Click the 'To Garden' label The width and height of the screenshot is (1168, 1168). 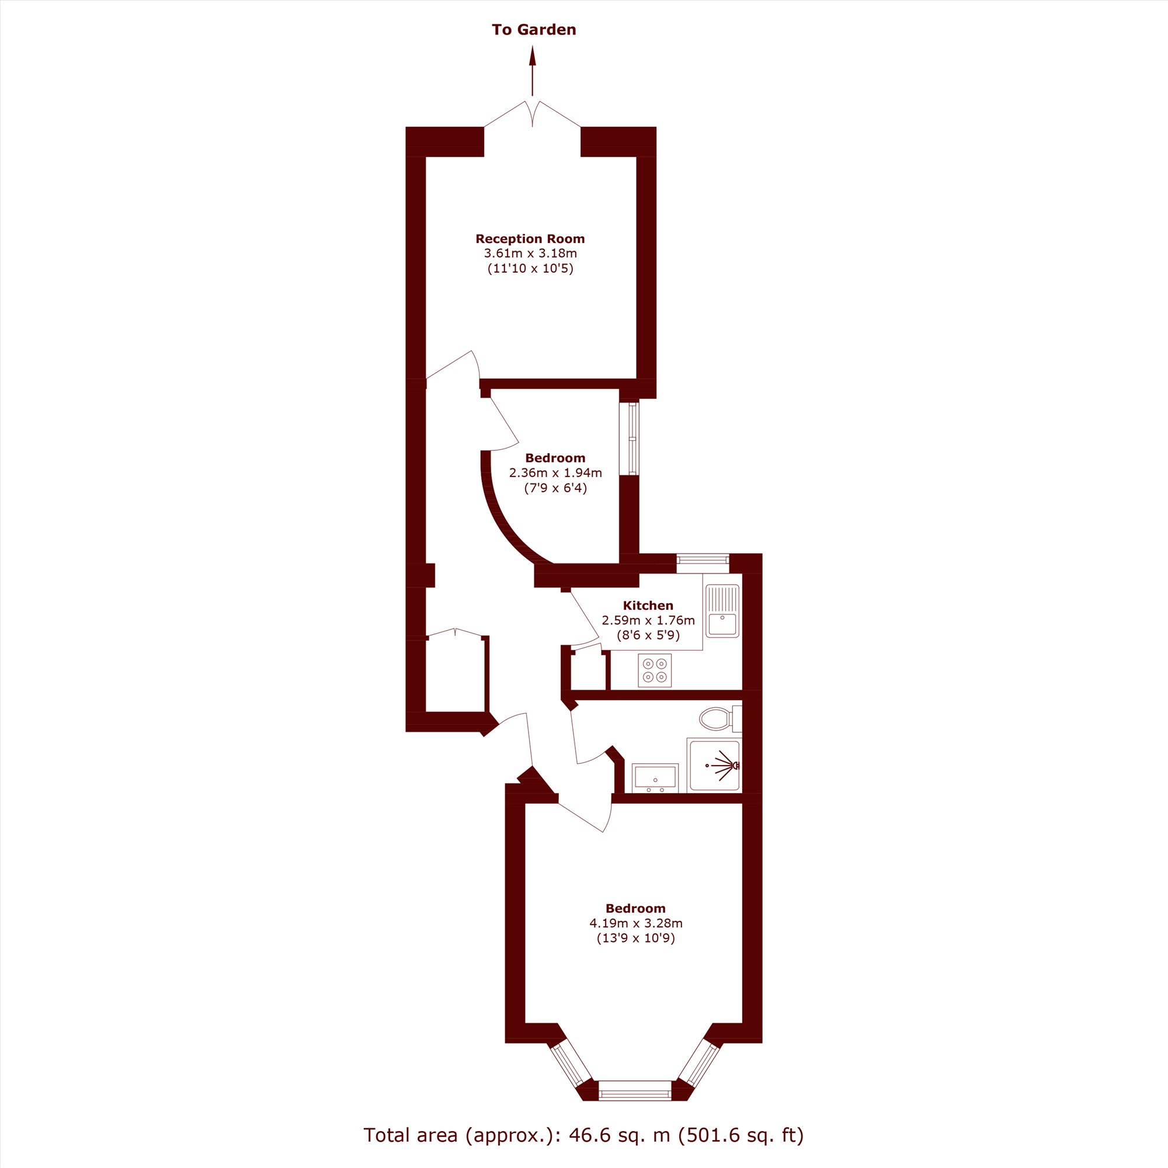tap(534, 30)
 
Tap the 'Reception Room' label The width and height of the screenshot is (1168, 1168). tap(530, 239)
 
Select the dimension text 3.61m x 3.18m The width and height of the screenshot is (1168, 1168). tap(530, 253)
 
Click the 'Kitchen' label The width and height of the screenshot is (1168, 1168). tap(648, 605)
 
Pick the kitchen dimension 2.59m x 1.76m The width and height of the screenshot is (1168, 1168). tap(648, 620)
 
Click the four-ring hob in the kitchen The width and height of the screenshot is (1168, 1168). tap(655, 670)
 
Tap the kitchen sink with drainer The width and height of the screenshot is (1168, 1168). tap(722, 611)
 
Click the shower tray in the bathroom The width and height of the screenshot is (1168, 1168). tap(714, 766)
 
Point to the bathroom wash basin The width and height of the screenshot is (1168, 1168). tap(655, 777)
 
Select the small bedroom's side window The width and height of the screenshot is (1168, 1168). tap(632, 439)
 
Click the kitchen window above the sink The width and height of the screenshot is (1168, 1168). tap(703, 559)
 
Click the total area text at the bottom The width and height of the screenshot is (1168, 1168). tap(583, 1135)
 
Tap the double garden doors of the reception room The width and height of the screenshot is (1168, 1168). tap(533, 114)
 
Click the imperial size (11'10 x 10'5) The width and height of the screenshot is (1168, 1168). tap(530, 269)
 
